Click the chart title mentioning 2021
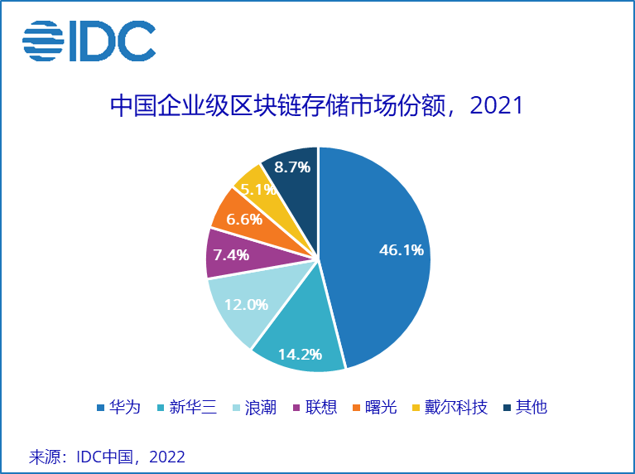pyautogui.click(x=317, y=106)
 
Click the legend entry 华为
pyautogui.click(x=118, y=407)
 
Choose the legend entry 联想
pyautogui.click(x=314, y=407)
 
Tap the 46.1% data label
pyautogui.click(x=402, y=249)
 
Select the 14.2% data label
pyautogui.click(x=300, y=354)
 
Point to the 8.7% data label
pyautogui.click(x=292, y=167)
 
